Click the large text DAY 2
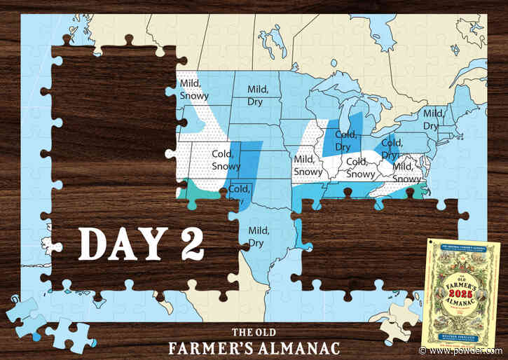click(141, 242)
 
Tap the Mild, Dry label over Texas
click(259, 236)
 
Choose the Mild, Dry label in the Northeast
click(432, 120)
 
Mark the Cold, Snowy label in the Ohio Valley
click(361, 169)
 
